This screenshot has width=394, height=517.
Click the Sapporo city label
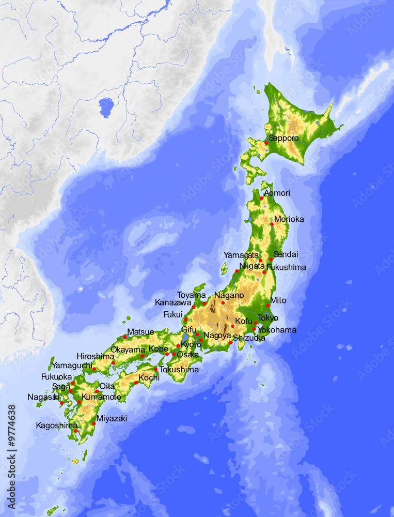284,138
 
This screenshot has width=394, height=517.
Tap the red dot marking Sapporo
266,143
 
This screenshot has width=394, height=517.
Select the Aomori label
277,193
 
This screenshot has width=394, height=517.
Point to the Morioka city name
289,219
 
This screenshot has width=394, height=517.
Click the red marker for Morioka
272,224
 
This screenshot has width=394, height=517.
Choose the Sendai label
286,254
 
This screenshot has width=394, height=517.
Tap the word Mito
278,300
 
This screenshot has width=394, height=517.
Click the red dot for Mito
267,306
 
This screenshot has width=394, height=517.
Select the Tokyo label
267,318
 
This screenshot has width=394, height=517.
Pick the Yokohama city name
277,330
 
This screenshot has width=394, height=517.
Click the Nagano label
229,295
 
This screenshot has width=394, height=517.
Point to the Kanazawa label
173,302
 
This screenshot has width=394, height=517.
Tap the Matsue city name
140,331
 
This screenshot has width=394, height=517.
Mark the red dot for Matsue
124,337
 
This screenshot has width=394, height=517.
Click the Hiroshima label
95,356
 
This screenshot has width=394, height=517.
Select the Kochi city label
149,377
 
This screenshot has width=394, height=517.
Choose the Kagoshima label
56,425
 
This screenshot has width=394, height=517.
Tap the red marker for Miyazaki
94,424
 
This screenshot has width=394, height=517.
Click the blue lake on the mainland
106,107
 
